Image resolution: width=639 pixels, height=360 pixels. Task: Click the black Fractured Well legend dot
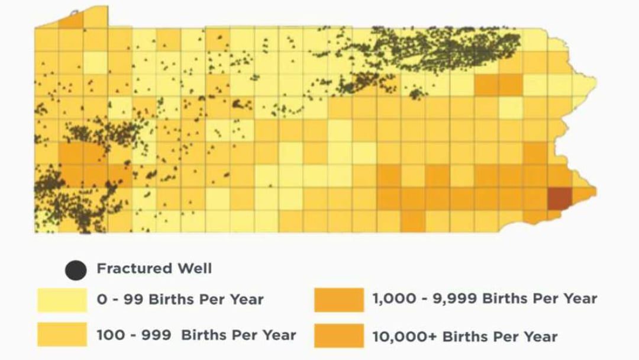tap(76, 270)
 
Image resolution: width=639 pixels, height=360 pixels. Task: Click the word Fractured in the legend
tap(134, 268)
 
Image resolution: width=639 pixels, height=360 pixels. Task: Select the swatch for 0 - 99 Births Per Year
tap(62, 300)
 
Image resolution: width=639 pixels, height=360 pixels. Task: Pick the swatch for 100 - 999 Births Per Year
tap(62, 335)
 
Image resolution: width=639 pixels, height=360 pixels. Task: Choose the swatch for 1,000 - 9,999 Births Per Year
tap(339, 300)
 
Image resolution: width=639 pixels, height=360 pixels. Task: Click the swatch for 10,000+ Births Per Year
tap(339, 336)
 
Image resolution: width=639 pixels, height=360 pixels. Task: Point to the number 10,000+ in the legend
tap(404, 337)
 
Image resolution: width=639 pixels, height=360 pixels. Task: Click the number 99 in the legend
tap(133, 299)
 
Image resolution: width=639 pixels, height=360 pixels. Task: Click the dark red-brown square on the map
tap(560, 198)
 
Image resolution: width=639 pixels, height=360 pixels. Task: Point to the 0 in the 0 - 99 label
tap(102, 299)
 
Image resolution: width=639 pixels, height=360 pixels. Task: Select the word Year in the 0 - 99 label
tap(247, 299)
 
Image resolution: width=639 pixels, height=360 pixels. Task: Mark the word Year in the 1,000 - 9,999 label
tap(580, 299)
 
